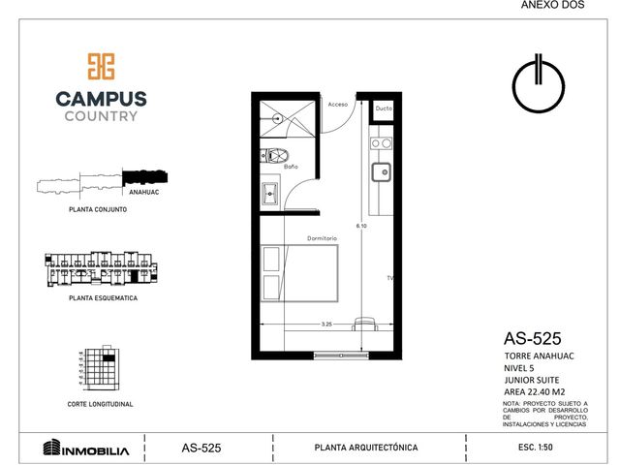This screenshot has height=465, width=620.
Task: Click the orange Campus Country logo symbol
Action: [101, 67]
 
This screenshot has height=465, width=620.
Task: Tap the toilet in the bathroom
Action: [274, 155]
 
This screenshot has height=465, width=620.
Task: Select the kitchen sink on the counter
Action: [381, 172]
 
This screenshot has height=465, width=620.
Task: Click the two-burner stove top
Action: [381, 143]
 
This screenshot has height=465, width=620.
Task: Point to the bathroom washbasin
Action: [270, 194]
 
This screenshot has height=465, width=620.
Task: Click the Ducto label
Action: [384, 108]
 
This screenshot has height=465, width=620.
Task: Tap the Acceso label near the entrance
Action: [338, 105]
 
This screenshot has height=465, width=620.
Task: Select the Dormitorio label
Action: [322, 238]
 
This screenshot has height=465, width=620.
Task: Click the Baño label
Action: [291, 167]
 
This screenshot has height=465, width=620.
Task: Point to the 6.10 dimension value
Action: [361, 226]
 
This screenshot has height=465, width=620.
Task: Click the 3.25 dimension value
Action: [326, 325]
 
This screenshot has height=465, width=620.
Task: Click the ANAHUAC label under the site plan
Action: [144, 192]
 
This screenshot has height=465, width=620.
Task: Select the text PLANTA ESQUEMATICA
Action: [104, 298]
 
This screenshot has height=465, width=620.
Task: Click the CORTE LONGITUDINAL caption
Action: [100, 404]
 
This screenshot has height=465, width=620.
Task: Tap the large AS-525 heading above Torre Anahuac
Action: [532, 339]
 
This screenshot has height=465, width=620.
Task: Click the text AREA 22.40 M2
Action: [534, 391]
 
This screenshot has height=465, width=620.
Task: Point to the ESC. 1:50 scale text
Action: [536, 448]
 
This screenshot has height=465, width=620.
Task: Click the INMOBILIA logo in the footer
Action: [86, 448]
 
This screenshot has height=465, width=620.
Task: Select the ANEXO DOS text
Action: [552, 5]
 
